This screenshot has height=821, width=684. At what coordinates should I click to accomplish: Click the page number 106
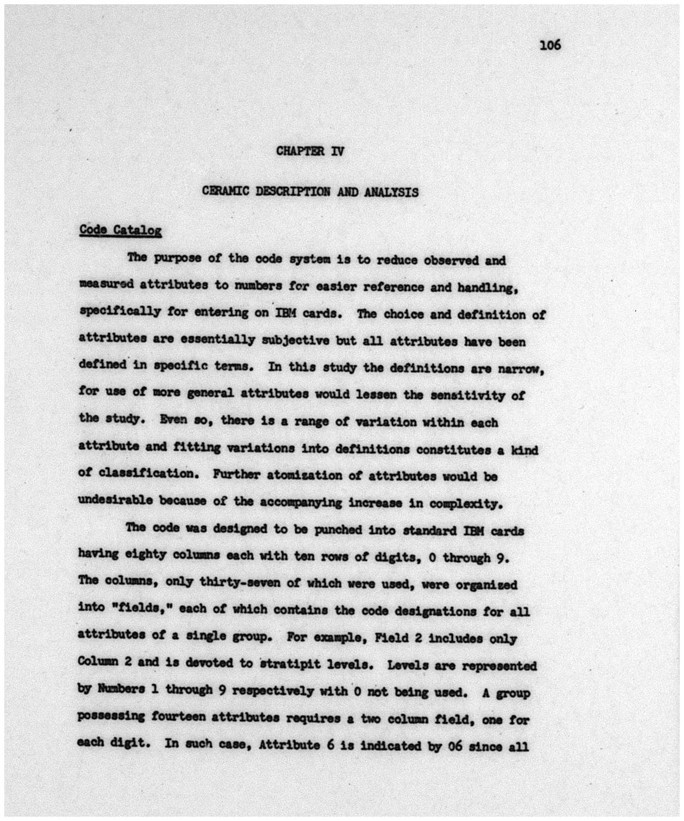549,45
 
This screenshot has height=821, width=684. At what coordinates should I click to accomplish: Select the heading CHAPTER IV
310,151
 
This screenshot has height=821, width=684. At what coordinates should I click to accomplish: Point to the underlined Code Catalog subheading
120,230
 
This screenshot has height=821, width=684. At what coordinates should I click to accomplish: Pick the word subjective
295,340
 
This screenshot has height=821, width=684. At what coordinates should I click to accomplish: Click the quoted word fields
140,609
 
